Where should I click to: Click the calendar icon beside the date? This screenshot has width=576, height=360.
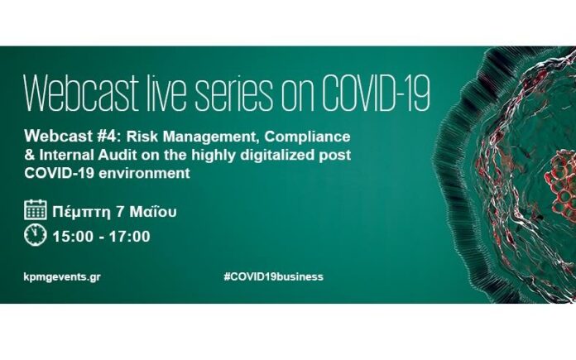point(36,209)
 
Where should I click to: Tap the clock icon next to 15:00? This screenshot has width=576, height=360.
point(36,235)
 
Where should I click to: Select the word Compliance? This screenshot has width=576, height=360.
point(308,137)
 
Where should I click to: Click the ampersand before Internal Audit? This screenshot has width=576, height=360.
point(30,155)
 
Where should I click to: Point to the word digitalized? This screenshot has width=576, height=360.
point(275,156)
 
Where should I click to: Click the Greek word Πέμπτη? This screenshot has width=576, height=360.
point(81,213)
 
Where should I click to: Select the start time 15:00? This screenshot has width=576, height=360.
point(73,236)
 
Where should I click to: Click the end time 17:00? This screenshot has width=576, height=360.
point(130,236)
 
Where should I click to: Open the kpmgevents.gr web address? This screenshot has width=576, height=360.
point(62,277)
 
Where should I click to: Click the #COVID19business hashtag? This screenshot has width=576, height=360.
point(274,276)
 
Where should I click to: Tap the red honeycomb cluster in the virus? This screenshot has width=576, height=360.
point(560,184)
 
